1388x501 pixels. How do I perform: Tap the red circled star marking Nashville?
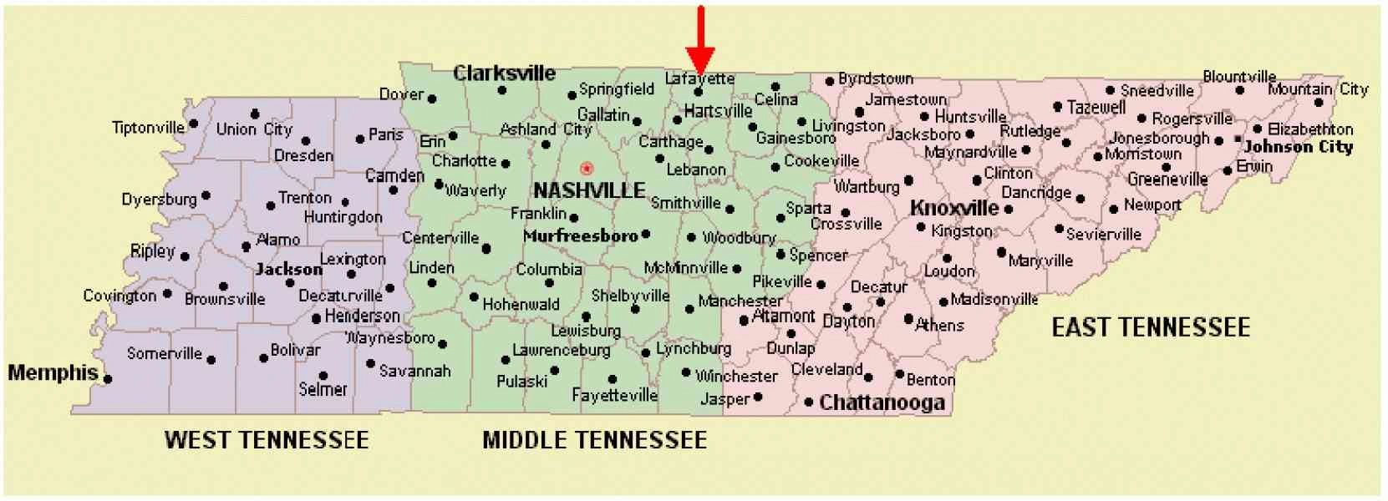click(x=587, y=169)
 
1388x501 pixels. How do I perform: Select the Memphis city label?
click(x=53, y=372)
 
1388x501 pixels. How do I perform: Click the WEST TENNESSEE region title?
click(x=267, y=440)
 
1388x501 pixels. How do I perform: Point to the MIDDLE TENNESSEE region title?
click(x=594, y=440)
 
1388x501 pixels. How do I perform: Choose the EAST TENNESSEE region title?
click(x=1150, y=327)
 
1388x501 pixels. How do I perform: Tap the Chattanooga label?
click(x=882, y=403)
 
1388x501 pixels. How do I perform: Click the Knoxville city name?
click(x=953, y=207)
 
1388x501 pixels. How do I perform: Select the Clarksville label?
click(x=504, y=73)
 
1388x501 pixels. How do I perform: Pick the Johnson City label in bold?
click(x=1298, y=147)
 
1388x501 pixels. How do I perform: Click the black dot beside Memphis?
click(x=108, y=379)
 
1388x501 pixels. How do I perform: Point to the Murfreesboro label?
click(x=580, y=236)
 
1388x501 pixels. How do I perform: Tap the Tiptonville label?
click(x=148, y=128)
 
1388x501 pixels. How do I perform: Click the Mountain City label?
click(x=1318, y=89)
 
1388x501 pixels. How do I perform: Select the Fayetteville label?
click(x=614, y=395)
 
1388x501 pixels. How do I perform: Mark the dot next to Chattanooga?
click(x=808, y=402)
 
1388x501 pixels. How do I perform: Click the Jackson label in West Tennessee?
click(x=288, y=269)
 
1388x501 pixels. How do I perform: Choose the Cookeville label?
click(x=821, y=160)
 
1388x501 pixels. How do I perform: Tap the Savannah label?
click(x=414, y=371)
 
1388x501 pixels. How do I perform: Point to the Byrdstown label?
click(x=875, y=78)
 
